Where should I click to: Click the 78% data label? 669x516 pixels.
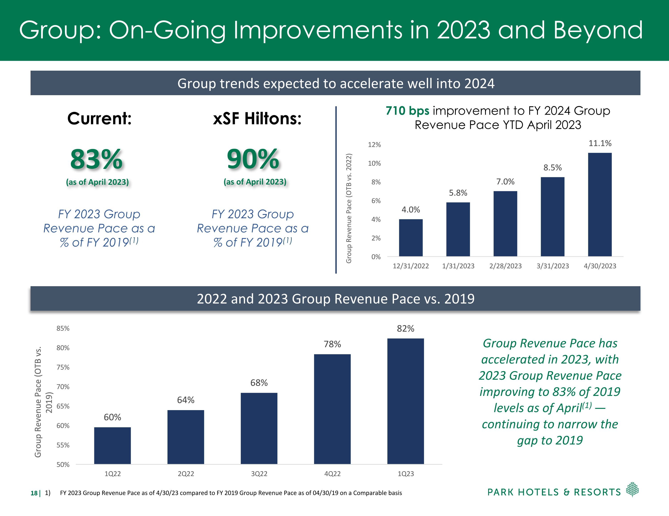click(332, 344)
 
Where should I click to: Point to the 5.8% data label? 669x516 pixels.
click(458, 193)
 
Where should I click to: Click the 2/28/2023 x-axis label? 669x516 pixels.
click(505, 266)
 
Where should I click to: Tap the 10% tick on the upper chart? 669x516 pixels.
click(374, 164)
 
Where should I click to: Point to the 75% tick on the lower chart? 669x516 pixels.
click(63, 367)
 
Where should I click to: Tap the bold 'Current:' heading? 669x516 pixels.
click(99, 119)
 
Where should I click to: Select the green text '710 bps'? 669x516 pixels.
click(407, 111)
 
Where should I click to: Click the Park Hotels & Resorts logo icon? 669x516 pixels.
click(632, 489)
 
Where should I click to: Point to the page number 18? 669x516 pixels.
click(34, 493)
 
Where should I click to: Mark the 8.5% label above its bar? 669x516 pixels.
click(552, 168)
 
